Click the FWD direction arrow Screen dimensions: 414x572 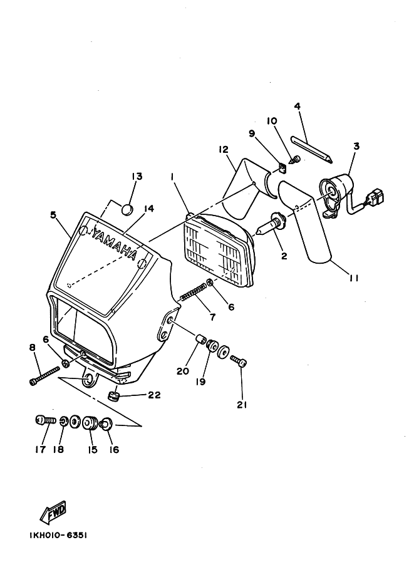click(53, 511)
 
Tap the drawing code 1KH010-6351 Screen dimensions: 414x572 click(58, 535)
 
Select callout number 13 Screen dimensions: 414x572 click(137, 177)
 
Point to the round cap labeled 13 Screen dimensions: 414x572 click(127, 210)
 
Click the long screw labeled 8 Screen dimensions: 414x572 click(44, 375)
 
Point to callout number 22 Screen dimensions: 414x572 click(153, 395)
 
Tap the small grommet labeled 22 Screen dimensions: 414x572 click(115, 395)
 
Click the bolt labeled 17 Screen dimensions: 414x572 click(45, 420)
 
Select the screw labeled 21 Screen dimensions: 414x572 click(239, 361)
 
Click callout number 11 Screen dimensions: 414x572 click(353, 278)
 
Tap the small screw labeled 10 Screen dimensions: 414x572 click(294, 159)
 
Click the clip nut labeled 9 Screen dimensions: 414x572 click(282, 168)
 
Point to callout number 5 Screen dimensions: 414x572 click(54, 214)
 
